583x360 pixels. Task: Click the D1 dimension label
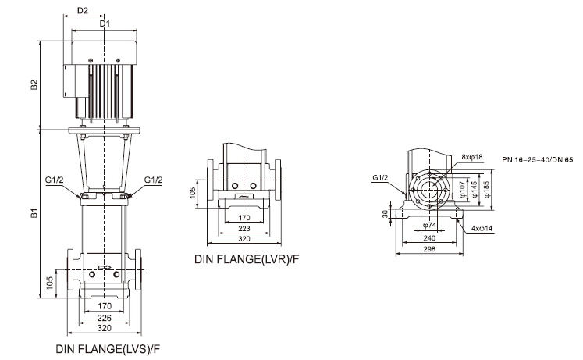click(105, 24)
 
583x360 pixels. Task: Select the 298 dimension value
click(429, 249)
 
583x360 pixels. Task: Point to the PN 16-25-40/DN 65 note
click(536, 159)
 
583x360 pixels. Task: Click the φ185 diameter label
click(485, 188)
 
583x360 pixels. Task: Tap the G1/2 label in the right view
click(380, 178)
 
